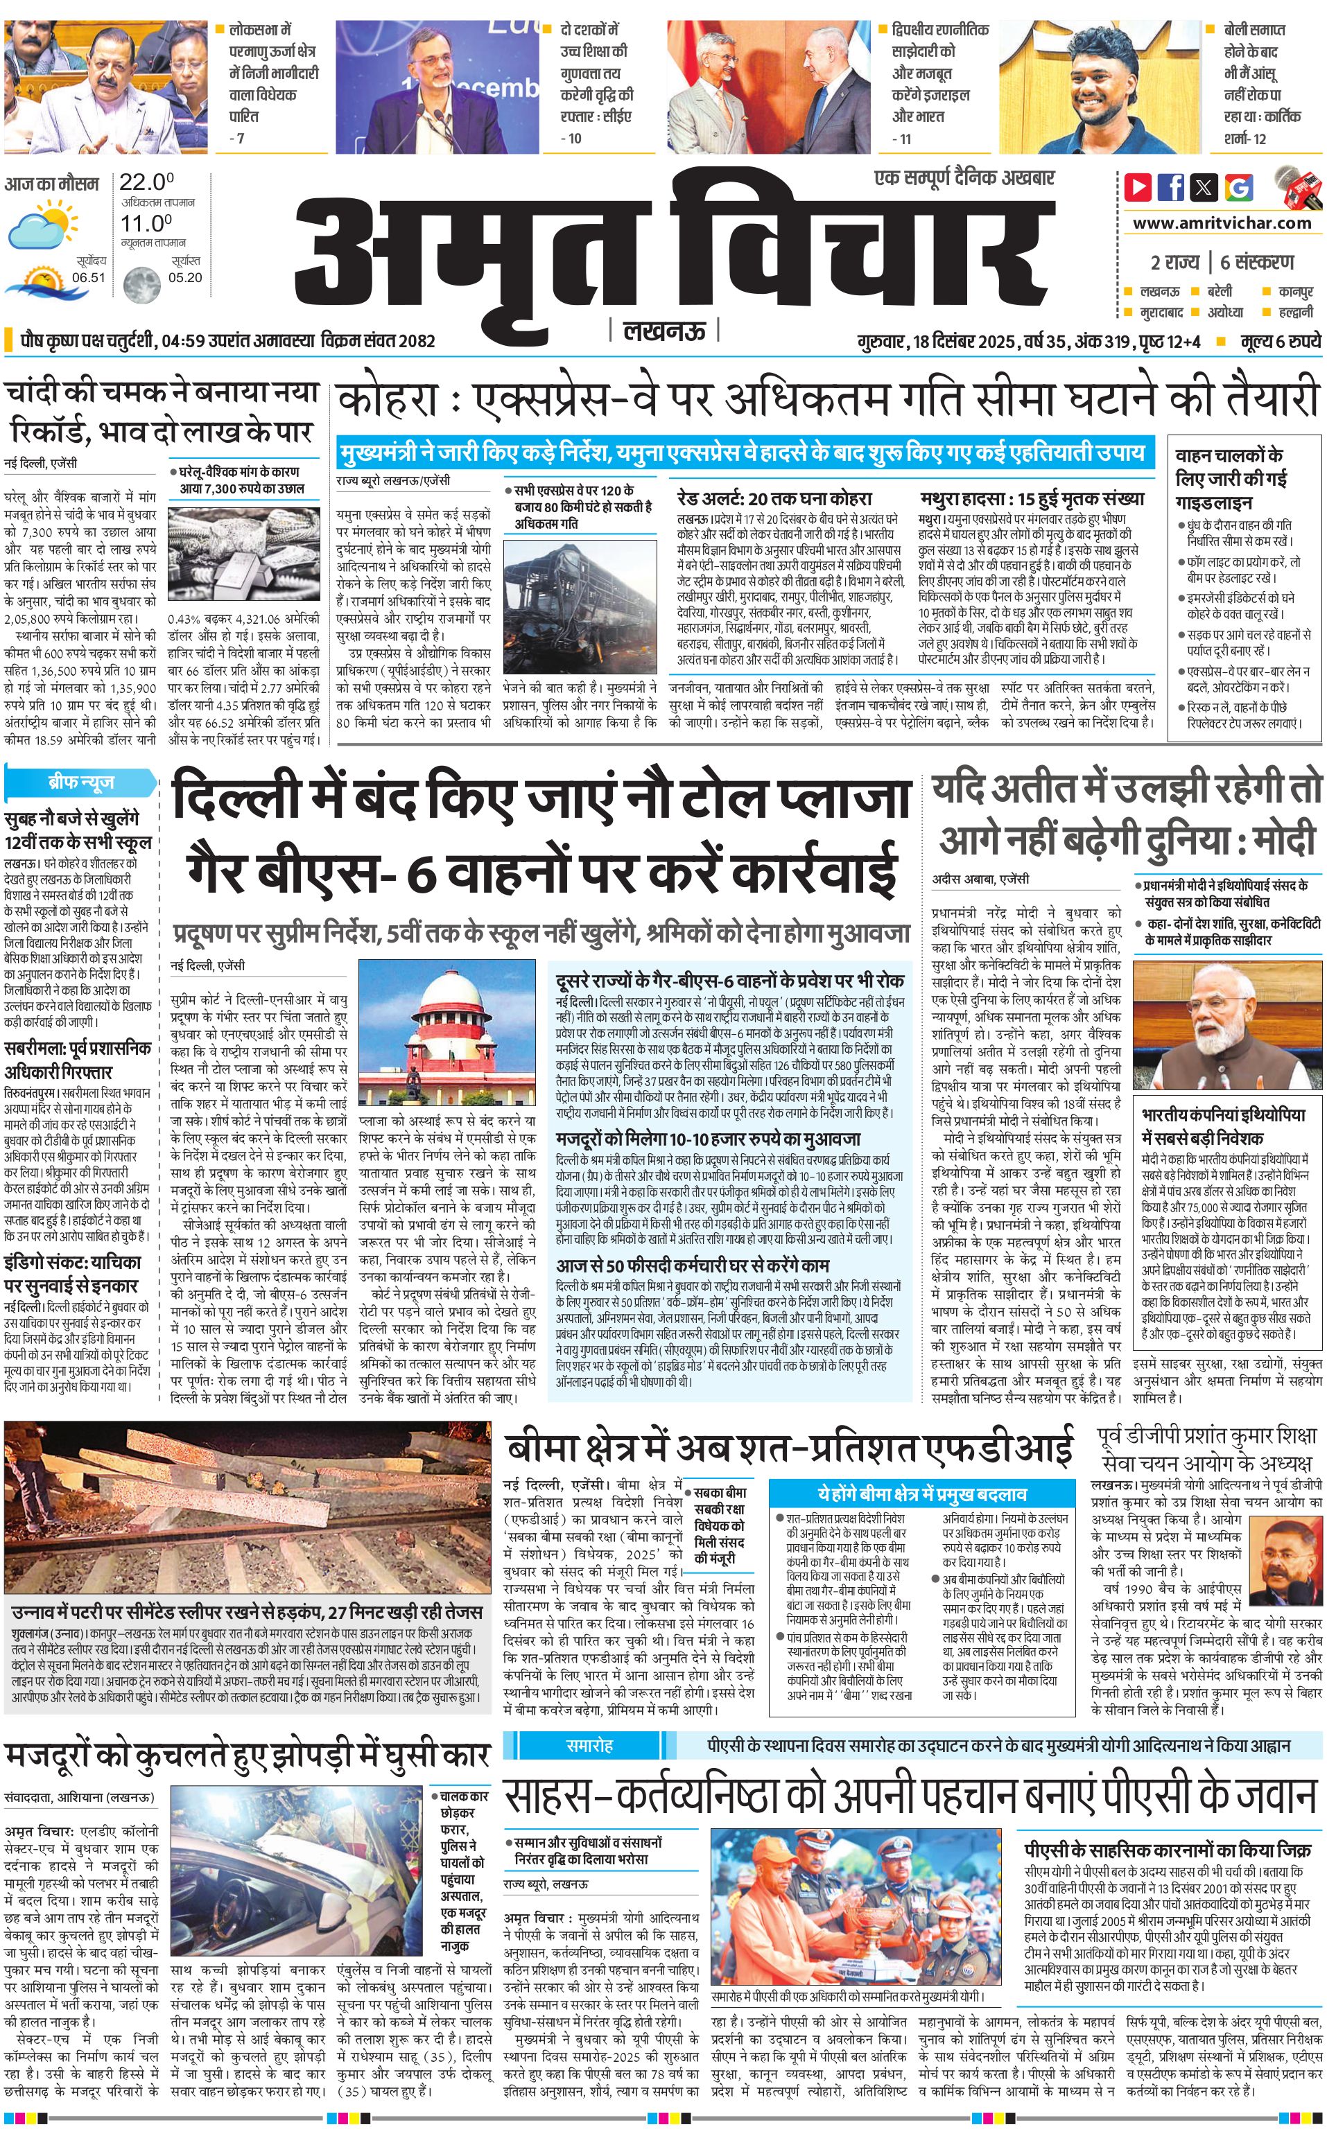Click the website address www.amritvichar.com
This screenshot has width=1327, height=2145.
tap(1221, 223)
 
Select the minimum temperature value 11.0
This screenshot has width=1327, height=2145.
tap(146, 223)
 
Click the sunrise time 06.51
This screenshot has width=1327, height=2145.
tap(89, 277)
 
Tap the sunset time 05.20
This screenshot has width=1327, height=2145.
tap(184, 277)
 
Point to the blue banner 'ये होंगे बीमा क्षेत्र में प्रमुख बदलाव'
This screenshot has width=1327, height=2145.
tap(921, 1492)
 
